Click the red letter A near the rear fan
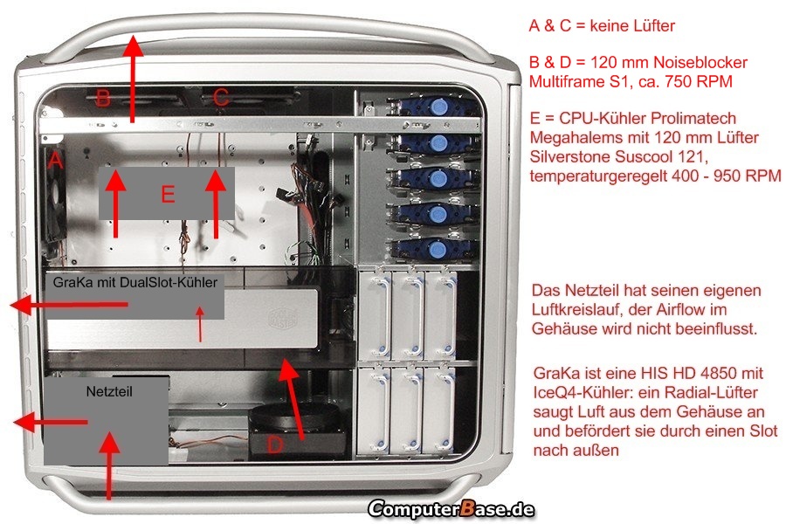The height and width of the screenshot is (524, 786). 55,161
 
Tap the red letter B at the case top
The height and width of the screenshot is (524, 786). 103,98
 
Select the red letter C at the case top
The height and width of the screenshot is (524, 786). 221,97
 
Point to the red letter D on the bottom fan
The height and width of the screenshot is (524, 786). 275,445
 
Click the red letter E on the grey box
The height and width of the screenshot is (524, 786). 168,194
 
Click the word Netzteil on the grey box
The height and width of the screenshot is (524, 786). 109,391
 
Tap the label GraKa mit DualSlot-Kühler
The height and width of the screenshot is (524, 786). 134,282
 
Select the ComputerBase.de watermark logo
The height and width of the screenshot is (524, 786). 452,509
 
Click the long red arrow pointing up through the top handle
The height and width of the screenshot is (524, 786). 133,79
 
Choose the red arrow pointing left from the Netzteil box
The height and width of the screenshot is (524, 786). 50,422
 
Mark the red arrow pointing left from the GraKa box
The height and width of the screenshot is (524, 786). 69,305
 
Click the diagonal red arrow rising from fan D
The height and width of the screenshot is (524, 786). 292,400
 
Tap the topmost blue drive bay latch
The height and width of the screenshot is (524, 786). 438,106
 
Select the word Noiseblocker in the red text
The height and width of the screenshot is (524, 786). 700,63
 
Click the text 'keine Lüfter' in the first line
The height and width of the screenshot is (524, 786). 632,25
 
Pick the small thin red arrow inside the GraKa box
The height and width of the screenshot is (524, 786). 201,324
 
